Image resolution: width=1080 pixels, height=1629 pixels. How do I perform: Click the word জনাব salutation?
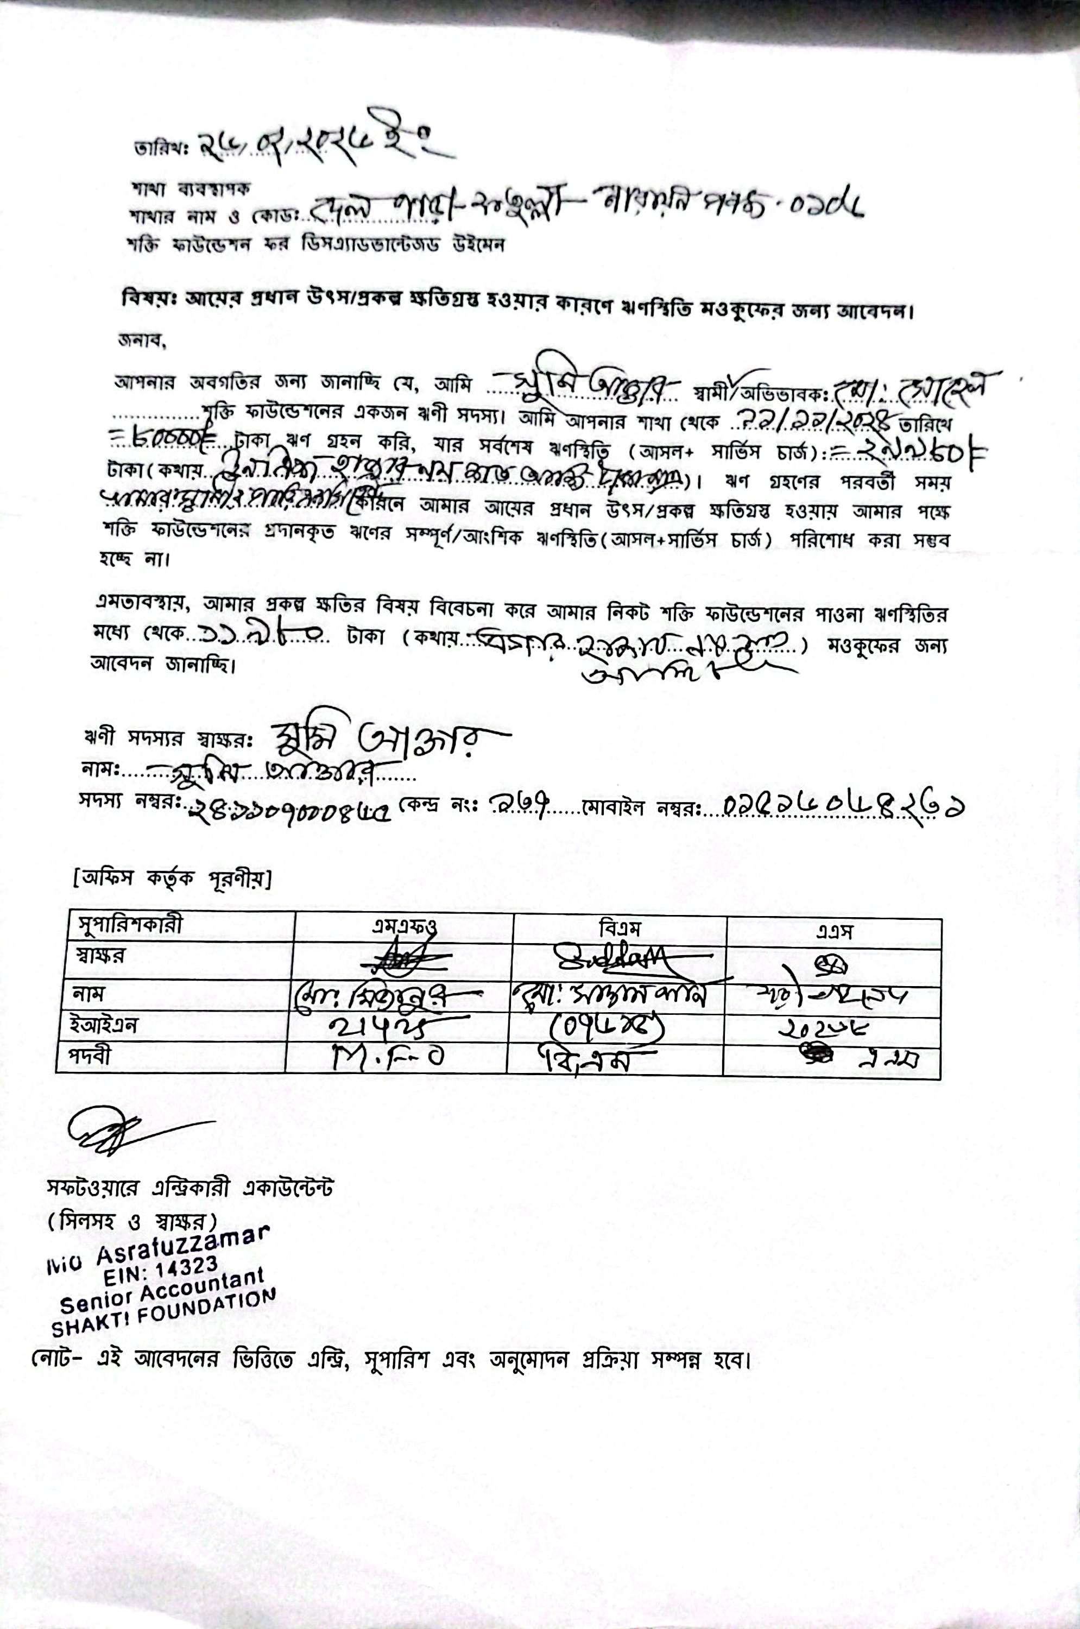click(x=141, y=339)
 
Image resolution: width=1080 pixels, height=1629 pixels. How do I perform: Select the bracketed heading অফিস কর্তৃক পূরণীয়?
click(x=172, y=879)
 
